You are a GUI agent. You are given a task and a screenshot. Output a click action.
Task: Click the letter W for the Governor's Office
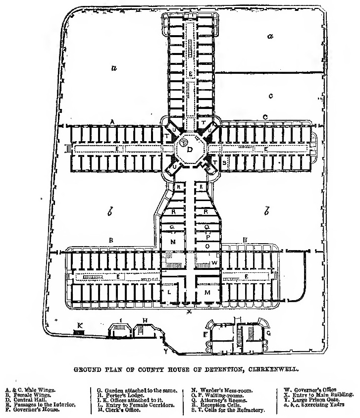[x=214, y=262]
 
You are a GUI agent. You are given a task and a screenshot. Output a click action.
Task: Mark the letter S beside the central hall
[x=224, y=162]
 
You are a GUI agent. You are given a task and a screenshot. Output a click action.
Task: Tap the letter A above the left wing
[x=112, y=121]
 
